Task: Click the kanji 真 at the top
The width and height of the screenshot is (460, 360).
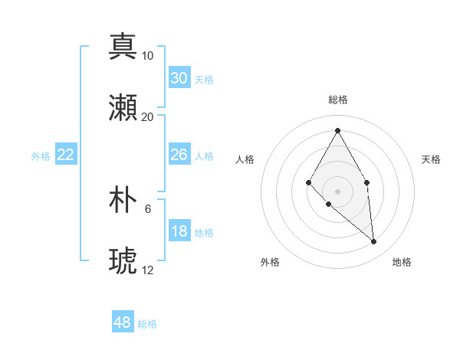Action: [123, 47]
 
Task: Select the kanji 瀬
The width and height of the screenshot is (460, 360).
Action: [123, 108]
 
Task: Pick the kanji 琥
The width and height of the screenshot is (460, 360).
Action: [123, 261]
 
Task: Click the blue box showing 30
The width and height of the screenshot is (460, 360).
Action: [179, 78]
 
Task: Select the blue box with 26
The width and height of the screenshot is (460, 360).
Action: [179, 155]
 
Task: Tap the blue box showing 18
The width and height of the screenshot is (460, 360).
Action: [179, 231]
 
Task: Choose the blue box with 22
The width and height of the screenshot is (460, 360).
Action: [66, 155]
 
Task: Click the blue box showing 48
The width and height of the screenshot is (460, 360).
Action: [123, 322]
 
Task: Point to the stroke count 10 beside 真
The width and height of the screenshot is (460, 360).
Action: [148, 56]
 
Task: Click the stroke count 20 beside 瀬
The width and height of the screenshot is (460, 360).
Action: [148, 117]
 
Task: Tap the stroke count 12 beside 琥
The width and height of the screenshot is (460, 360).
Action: [148, 270]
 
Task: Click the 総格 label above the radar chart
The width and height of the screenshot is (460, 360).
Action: [337, 100]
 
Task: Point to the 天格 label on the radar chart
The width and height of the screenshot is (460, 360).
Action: [431, 159]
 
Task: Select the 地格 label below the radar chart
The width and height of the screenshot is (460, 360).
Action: [402, 262]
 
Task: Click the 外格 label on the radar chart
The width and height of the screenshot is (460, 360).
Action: [270, 262]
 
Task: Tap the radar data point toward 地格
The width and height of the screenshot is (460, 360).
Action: [374, 241]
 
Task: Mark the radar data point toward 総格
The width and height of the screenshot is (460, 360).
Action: [337, 130]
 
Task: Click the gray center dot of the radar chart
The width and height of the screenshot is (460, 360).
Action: [337, 191]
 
